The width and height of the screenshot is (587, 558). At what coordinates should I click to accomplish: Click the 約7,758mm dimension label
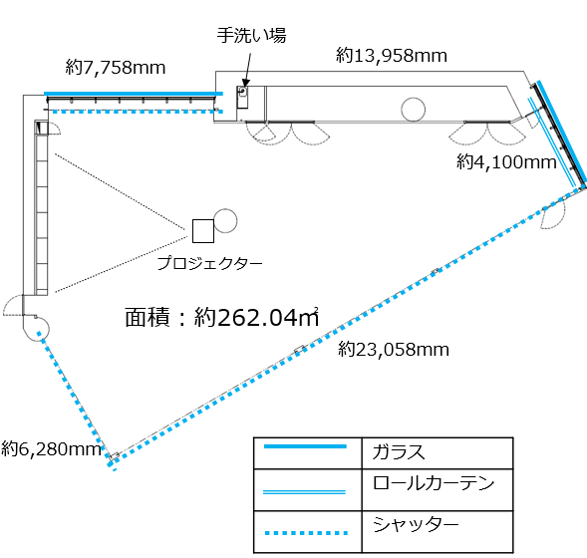tap(116, 68)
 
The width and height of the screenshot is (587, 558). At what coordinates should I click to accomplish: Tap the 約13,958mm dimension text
tap(392, 55)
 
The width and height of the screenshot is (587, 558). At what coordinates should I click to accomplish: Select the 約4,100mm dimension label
tap(506, 162)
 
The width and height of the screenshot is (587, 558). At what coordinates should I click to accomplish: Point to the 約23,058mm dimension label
tap(394, 350)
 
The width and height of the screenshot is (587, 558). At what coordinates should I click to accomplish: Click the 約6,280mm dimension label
tap(51, 448)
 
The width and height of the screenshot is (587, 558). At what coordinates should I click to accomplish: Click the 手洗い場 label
tap(251, 36)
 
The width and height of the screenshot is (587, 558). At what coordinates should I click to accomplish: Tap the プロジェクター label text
tap(209, 263)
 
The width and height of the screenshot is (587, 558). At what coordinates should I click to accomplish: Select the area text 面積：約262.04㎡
tap(222, 317)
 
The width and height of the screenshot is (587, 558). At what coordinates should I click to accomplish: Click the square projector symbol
tap(203, 231)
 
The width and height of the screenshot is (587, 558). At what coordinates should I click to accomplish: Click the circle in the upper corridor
tap(413, 110)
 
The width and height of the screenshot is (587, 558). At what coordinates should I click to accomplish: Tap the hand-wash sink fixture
tap(242, 97)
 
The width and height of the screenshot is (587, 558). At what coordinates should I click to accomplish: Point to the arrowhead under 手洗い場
tap(245, 83)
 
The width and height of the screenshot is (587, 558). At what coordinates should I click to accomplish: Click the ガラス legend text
tap(399, 451)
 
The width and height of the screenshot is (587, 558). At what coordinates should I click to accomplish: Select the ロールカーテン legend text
tap(434, 483)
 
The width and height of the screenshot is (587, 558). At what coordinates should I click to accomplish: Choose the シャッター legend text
tap(416, 524)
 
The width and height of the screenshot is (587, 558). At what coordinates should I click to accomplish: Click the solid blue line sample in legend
tap(305, 446)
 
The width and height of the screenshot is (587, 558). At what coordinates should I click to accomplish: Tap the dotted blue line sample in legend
tap(306, 533)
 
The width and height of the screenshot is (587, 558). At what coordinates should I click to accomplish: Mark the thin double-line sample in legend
tap(304, 492)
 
